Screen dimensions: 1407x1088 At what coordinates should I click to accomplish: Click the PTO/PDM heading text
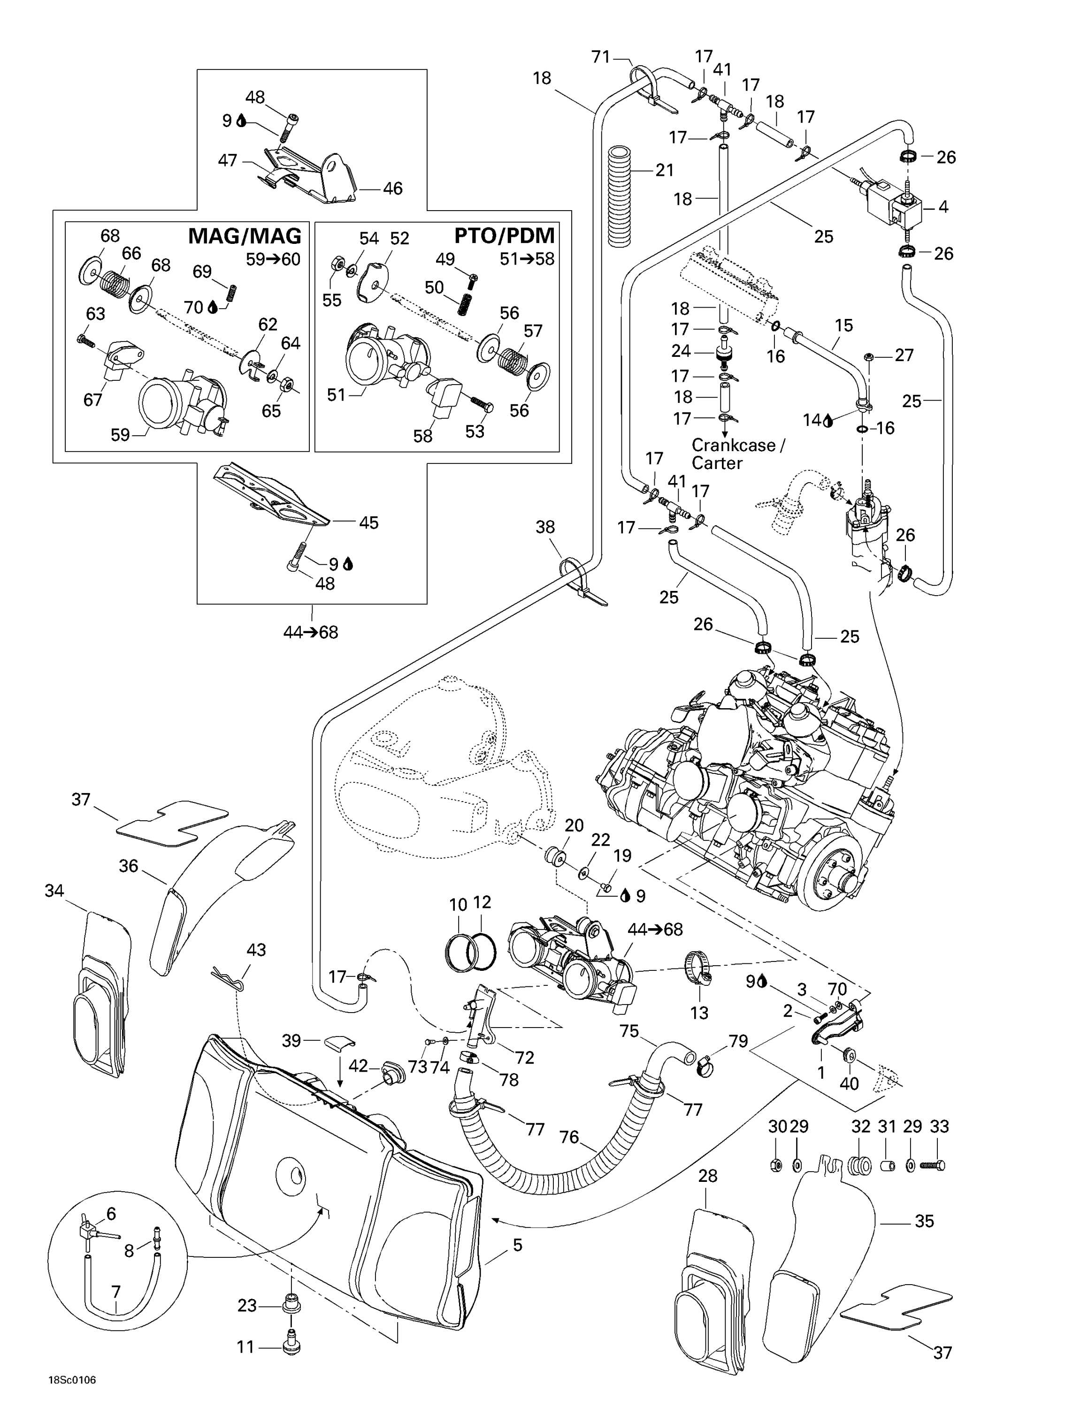click(x=504, y=236)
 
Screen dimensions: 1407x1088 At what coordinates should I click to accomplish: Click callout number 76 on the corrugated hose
click(x=569, y=1137)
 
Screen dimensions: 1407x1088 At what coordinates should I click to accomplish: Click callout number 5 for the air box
click(x=518, y=1245)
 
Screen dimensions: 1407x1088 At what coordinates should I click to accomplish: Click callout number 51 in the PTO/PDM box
click(x=337, y=395)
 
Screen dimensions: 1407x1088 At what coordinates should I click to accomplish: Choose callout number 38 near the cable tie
click(x=545, y=528)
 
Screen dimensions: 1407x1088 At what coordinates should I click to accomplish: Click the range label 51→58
click(x=527, y=259)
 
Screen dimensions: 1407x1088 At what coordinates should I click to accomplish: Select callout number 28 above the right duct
click(x=708, y=1176)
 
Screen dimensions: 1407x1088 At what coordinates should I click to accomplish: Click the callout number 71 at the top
click(x=601, y=57)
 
